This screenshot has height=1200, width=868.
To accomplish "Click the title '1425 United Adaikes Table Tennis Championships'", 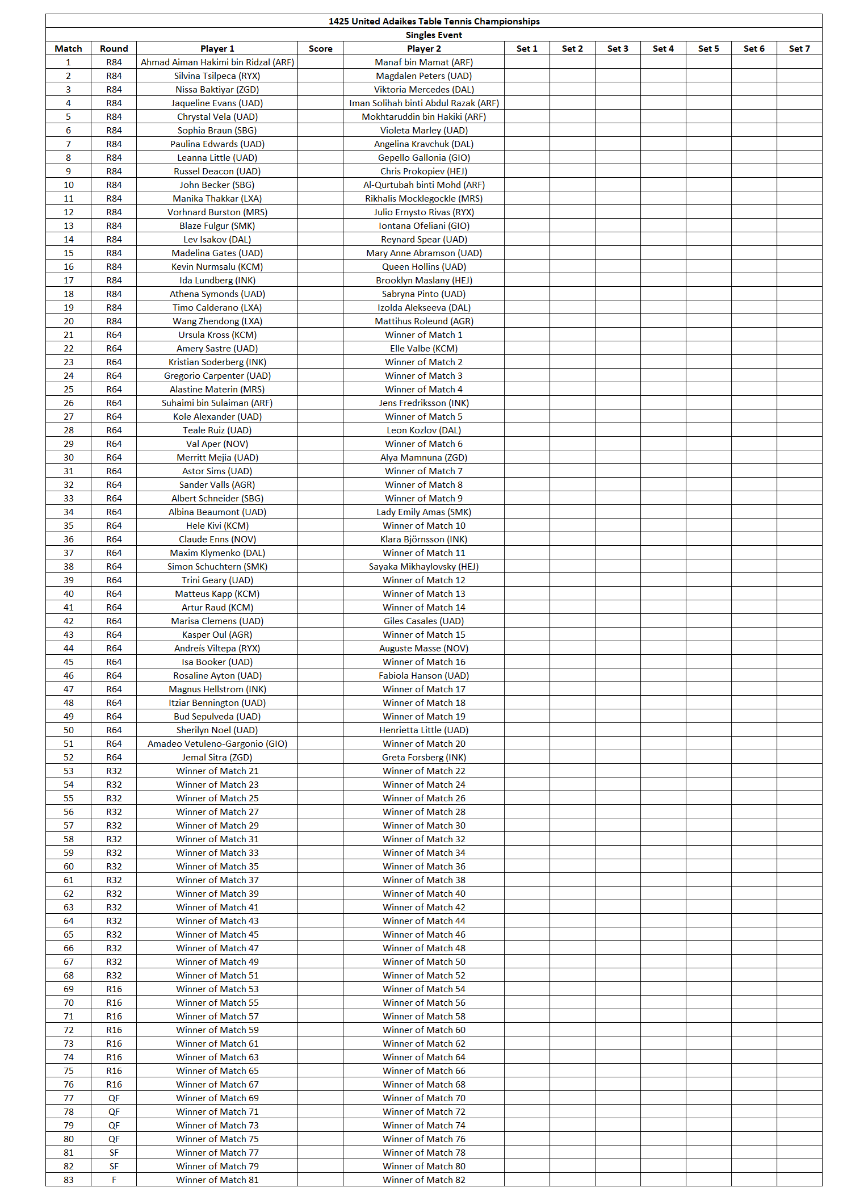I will [434, 22].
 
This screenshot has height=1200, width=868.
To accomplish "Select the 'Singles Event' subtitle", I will [434, 35].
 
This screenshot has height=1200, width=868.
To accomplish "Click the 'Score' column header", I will [320, 49].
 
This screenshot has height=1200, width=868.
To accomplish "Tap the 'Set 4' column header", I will [663, 49].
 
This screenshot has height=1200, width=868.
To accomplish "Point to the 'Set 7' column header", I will [799, 49].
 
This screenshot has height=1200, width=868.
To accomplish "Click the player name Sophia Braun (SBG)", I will [217, 131].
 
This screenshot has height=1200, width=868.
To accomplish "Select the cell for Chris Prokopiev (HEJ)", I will [423, 172].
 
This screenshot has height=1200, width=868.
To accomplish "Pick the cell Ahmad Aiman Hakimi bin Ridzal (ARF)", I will [217, 62].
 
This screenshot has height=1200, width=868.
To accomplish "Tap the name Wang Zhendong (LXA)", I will [217, 321].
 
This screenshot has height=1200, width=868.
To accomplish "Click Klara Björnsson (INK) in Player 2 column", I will [423, 540].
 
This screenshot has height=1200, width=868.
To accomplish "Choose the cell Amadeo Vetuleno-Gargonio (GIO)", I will [217, 744].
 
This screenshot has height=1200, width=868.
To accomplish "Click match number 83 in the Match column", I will [69, 1180].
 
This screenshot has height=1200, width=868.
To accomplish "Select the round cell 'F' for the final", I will [114, 1180].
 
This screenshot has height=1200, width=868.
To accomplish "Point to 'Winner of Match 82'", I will [423, 1180].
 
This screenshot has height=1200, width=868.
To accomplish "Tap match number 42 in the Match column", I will [69, 621].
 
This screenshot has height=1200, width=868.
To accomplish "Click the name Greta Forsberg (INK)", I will [423, 758].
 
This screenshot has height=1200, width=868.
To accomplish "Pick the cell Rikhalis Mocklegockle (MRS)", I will [423, 199].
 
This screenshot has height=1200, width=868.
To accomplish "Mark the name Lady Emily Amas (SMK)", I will [423, 512].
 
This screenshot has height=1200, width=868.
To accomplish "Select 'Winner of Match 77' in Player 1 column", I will [217, 1152].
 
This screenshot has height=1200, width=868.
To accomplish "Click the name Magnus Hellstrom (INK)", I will [217, 689].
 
